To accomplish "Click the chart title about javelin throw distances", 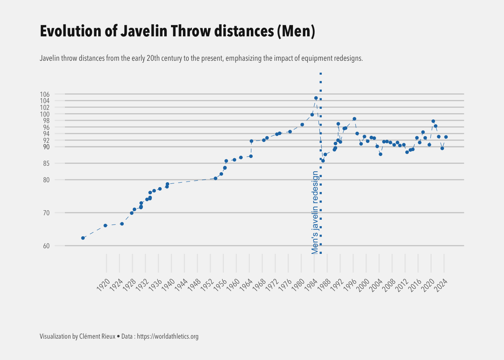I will [177, 31].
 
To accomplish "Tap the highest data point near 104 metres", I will [316, 98].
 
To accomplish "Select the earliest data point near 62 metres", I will [83, 238].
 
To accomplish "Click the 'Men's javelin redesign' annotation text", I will [315, 212].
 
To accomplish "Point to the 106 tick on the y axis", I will [44, 94].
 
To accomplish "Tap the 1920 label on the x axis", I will [103, 285].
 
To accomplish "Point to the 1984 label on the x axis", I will [311, 285].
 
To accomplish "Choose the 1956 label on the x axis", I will [220, 285].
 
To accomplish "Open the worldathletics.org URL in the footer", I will [168, 336].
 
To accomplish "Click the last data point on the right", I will [446, 137].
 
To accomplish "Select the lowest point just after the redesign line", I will [323, 160].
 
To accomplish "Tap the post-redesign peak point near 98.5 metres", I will [354, 119].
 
